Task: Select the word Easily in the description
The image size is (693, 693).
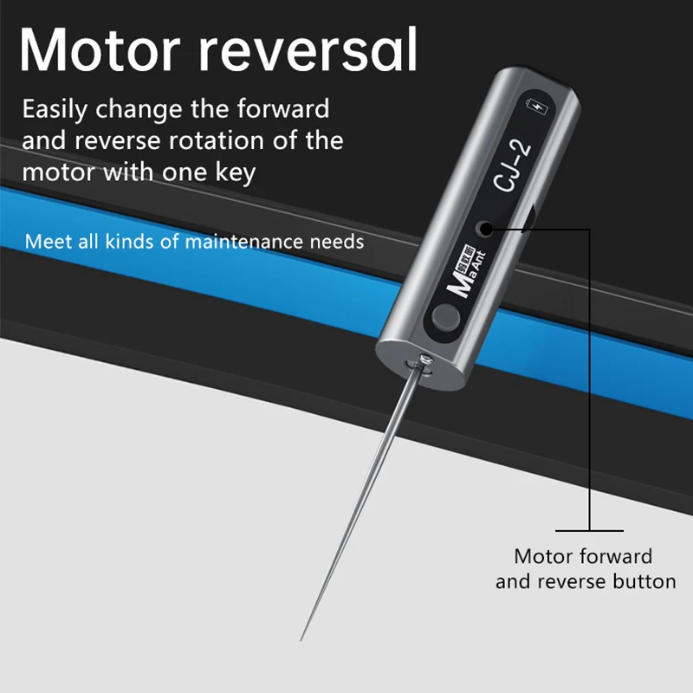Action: (55, 110)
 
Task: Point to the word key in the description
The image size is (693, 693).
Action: (236, 171)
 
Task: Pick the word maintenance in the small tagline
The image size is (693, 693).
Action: (237, 241)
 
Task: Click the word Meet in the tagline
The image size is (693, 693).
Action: (43, 241)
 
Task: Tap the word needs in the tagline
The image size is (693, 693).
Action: (337, 241)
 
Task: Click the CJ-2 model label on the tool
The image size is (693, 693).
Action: (514, 165)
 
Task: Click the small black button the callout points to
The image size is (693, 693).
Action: (484, 230)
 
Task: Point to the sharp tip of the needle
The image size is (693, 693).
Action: (301, 639)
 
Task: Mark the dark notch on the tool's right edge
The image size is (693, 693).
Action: (531, 219)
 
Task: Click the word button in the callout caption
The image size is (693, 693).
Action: (643, 581)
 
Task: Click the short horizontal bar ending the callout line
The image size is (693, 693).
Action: (589, 530)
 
